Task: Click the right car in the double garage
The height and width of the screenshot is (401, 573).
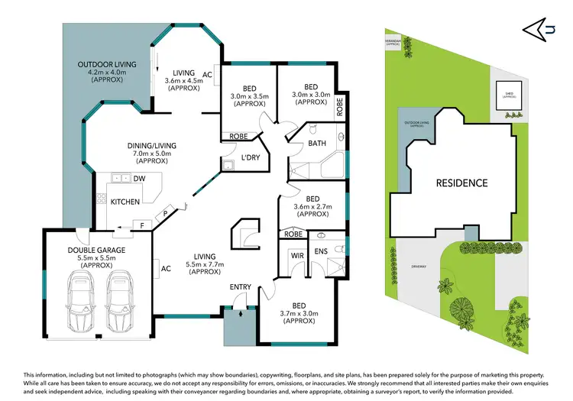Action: (x=119, y=302)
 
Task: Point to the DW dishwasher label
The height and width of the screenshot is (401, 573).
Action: (x=140, y=179)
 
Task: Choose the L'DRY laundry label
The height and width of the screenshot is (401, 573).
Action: (x=252, y=157)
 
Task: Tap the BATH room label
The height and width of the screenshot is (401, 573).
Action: (x=317, y=143)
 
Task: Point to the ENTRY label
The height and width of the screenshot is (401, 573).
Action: (x=241, y=286)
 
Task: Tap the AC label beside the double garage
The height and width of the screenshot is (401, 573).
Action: (x=166, y=268)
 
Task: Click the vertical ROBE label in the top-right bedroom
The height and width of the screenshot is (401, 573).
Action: (x=340, y=105)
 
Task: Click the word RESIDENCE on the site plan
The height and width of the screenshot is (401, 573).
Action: (x=461, y=183)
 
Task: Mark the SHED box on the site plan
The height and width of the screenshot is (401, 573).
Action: (x=508, y=95)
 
